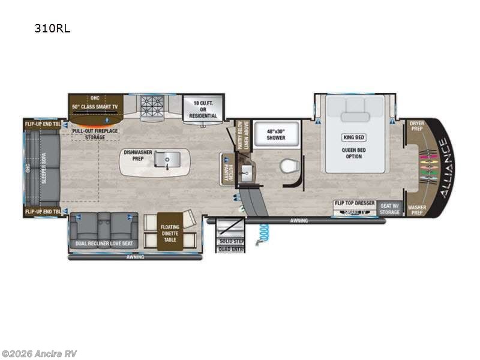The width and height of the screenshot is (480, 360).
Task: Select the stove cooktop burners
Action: [x=152, y=107]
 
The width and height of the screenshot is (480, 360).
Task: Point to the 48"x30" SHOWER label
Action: [x=268, y=133]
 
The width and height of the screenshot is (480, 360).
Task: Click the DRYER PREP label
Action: [x=416, y=126]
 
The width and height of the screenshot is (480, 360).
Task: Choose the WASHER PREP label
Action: [x=416, y=209]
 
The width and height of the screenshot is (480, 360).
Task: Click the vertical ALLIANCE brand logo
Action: [x=443, y=168]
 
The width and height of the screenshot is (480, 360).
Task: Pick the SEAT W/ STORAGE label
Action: [x=389, y=208]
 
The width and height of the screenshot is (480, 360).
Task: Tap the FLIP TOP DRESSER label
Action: [x=355, y=203]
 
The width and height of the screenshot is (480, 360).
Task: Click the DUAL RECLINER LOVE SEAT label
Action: [x=104, y=244]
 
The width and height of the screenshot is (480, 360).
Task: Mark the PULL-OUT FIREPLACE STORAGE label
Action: [x=96, y=133]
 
